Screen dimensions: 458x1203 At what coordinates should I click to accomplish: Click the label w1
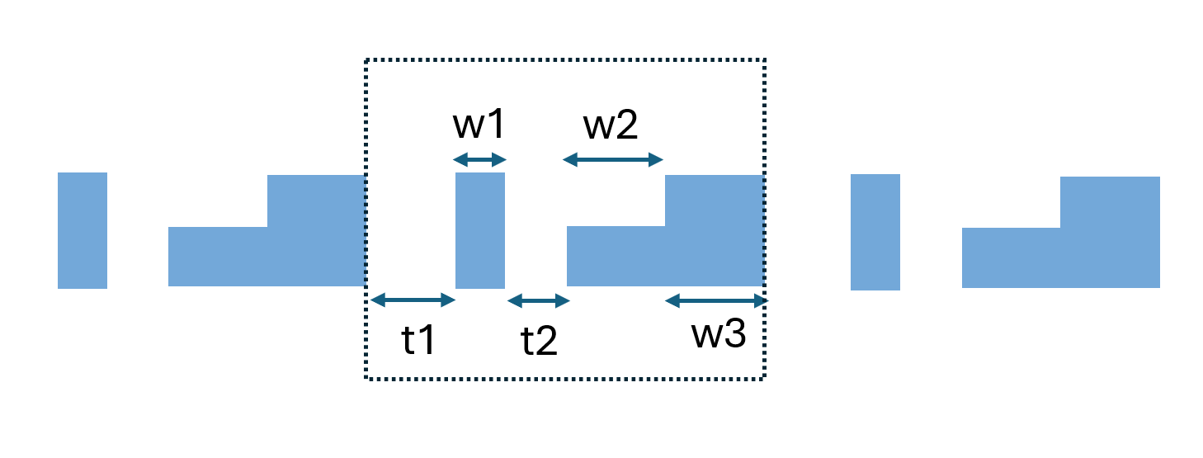tap(479, 125)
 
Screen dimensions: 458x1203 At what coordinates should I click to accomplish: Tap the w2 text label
tap(611, 125)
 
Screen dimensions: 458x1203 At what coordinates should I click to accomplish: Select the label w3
tap(718, 335)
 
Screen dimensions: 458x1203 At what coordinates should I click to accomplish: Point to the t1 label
tap(418, 340)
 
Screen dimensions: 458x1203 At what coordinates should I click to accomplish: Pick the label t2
tap(539, 340)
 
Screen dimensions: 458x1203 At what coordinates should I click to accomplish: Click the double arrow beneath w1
tap(479, 159)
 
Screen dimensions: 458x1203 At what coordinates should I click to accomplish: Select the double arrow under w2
tap(613, 159)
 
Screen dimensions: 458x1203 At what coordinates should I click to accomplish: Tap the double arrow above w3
tap(716, 300)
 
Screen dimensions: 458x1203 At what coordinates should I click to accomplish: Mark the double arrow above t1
tap(413, 300)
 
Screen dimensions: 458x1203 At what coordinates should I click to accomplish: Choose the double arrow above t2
tap(539, 300)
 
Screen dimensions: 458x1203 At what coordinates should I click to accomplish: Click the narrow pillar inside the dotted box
tap(480, 230)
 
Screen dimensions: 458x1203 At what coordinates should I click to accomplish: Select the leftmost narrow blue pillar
tap(83, 230)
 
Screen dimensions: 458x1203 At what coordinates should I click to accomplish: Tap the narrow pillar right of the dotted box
tap(875, 232)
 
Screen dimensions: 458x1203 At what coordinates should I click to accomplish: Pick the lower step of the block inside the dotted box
tap(616, 256)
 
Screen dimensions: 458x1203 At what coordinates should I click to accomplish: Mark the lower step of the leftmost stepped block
tap(218, 257)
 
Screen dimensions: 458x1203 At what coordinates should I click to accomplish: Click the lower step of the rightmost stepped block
tap(1011, 257)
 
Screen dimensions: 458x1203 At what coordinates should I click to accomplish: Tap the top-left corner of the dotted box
tap(366, 59)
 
